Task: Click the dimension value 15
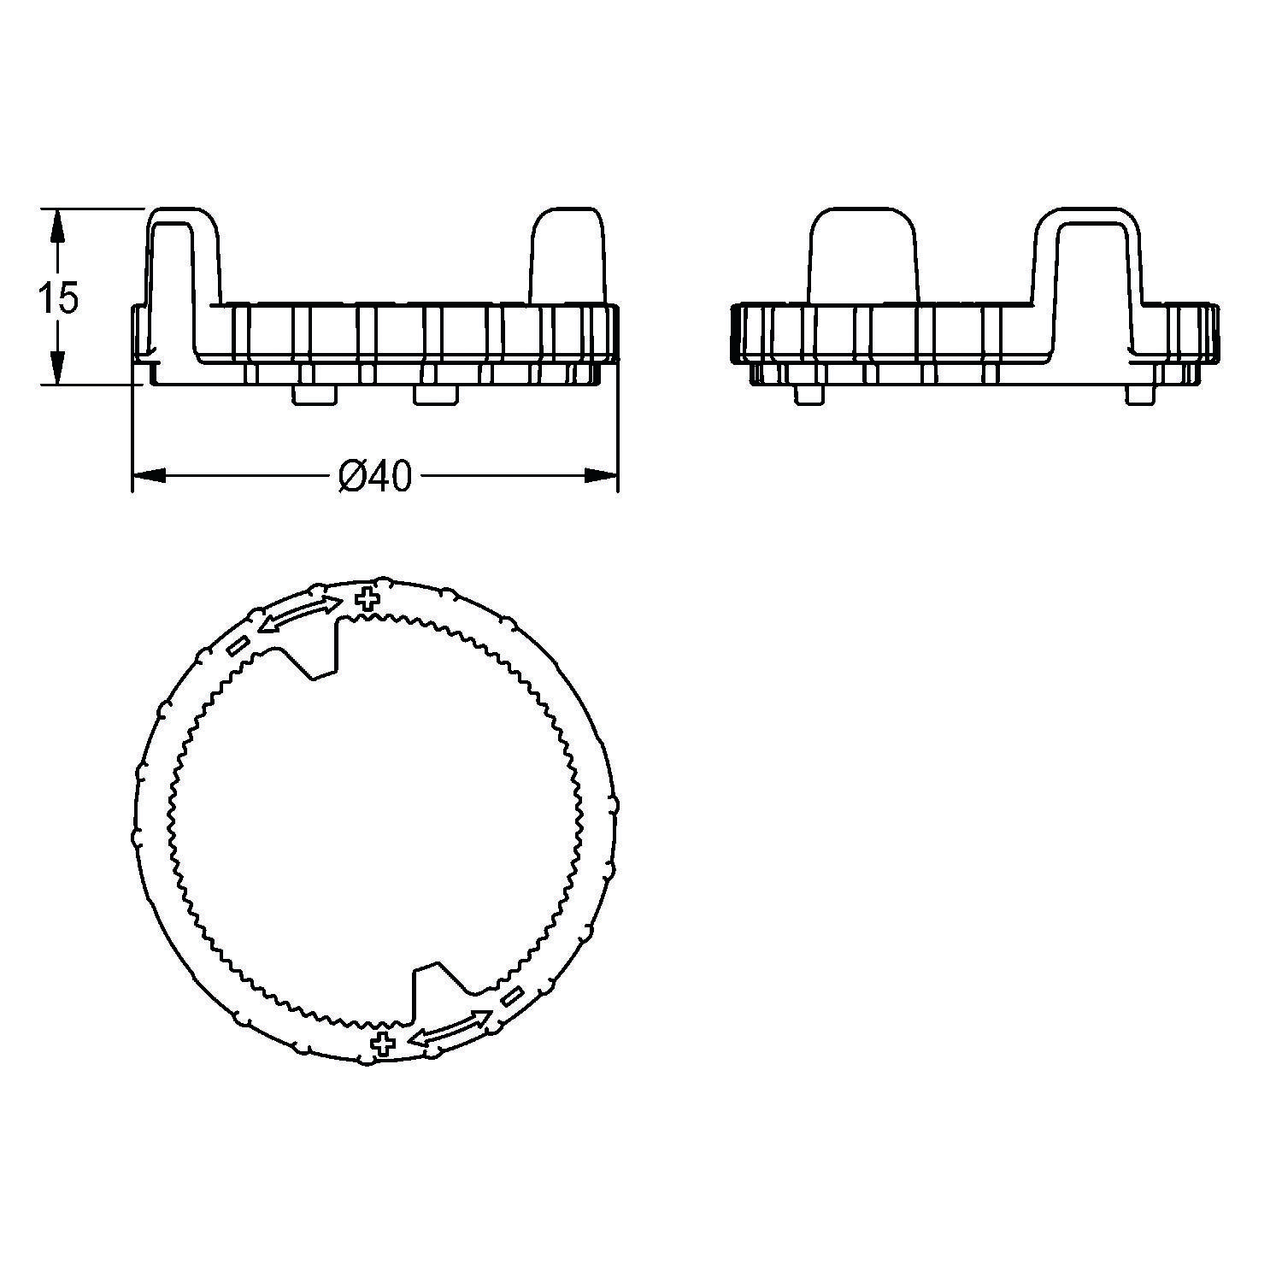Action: pyautogui.click(x=58, y=297)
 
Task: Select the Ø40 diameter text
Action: pyautogui.click(x=374, y=477)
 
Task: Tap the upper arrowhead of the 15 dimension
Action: pyautogui.click(x=56, y=224)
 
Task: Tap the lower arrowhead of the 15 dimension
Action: pyautogui.click(x=56, y=368)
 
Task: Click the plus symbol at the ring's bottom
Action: pyautogui.click(x=384, y=1042)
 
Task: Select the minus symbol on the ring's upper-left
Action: pyautogui.click(x=238, y=645)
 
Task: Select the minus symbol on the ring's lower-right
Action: pyautogui.click(x=513, y=996)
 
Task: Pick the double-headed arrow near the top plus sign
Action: pyautogui.click(x=299, y=615)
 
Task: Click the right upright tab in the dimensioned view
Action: pyautogui.click(x=568, y=256)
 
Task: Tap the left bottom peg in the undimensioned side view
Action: pyautogui.click(x=809, y=393)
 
